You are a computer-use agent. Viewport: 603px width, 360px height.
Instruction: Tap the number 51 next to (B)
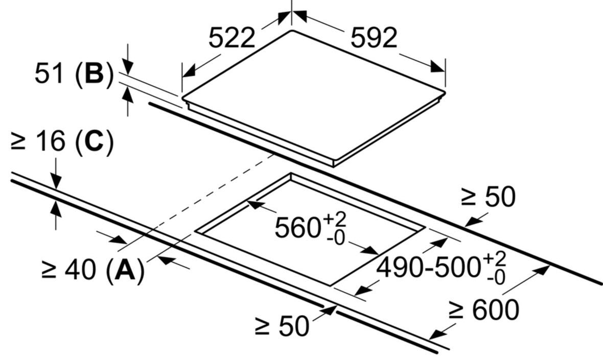click(x=50, y=74)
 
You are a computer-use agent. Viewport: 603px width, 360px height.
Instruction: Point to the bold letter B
click(x=93, y=75)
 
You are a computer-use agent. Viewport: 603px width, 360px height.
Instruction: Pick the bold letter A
click(x=124, y=270)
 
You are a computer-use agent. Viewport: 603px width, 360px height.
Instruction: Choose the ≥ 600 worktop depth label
click(x=483, y=309)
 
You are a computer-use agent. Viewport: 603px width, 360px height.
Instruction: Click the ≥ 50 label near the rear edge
click(x=488, y=197)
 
